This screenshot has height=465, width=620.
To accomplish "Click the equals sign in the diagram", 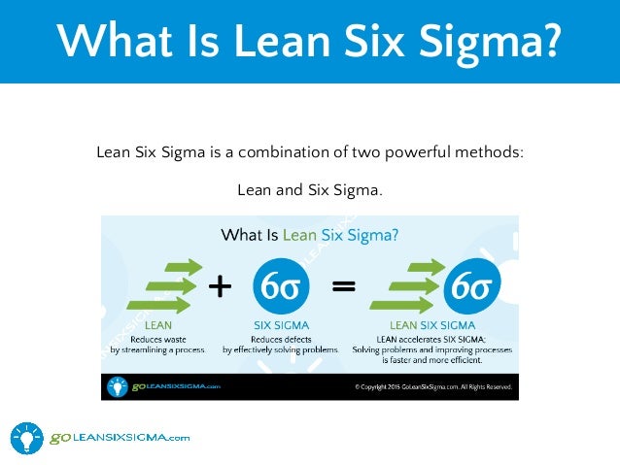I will (343, 286).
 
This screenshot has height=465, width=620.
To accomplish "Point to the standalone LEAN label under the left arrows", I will (158, 326).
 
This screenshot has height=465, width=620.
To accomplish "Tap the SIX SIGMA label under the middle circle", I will (281, 326).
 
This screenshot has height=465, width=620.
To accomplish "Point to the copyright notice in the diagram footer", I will (433, 386).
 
